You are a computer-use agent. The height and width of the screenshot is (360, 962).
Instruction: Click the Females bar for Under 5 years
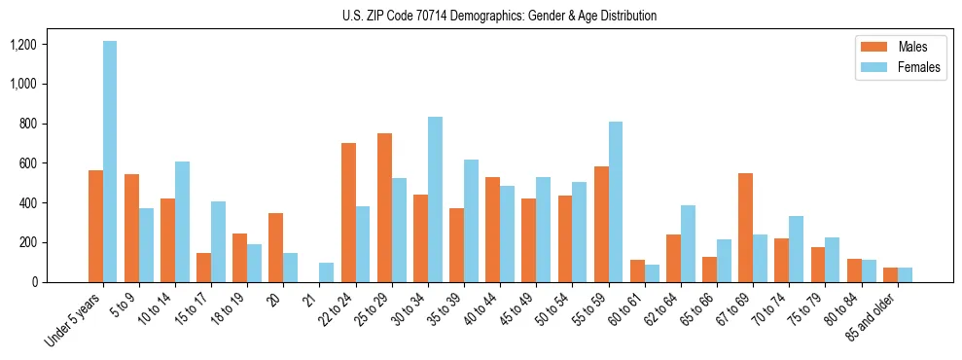click(110, 162)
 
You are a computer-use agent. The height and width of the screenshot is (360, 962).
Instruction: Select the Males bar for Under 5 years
click(95, 226)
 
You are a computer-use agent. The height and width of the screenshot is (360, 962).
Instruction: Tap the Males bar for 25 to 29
click(384, 207)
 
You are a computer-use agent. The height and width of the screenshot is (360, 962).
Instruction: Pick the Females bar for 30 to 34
click(435, 199)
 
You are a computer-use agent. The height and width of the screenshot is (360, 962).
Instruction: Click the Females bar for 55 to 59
click(616, 201)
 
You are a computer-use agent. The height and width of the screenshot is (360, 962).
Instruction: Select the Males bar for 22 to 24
click(348, 212)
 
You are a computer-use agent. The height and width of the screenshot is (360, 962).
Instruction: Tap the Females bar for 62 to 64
click(688, 243)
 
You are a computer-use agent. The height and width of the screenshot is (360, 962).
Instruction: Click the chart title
click(499, 16)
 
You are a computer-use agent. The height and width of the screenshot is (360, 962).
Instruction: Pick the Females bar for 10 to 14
click(182, 222)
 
